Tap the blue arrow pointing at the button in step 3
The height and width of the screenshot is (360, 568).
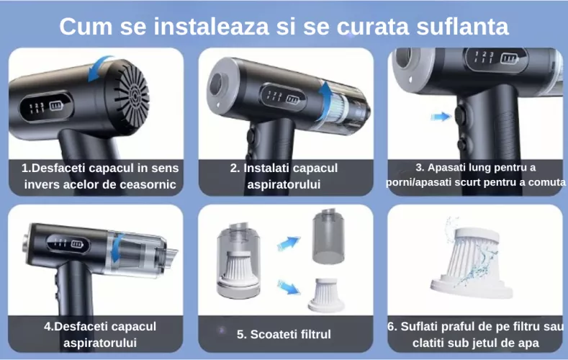[438, 115]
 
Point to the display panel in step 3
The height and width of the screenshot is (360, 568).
[497, 57]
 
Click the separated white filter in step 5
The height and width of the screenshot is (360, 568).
[326, 295]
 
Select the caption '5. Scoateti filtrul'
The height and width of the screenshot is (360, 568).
[284, 334]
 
